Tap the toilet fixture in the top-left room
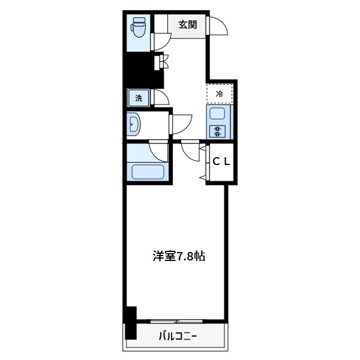(139, 27)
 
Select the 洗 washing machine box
(139, 98)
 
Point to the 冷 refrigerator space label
(220, 94)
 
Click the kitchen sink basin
(217, 114)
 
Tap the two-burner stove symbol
(217, 132)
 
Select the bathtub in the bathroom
(148, 172)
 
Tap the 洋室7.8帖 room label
(178, 256)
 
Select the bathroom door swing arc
(158, 150)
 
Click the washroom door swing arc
(181, 123)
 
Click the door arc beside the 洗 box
(161, 97)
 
